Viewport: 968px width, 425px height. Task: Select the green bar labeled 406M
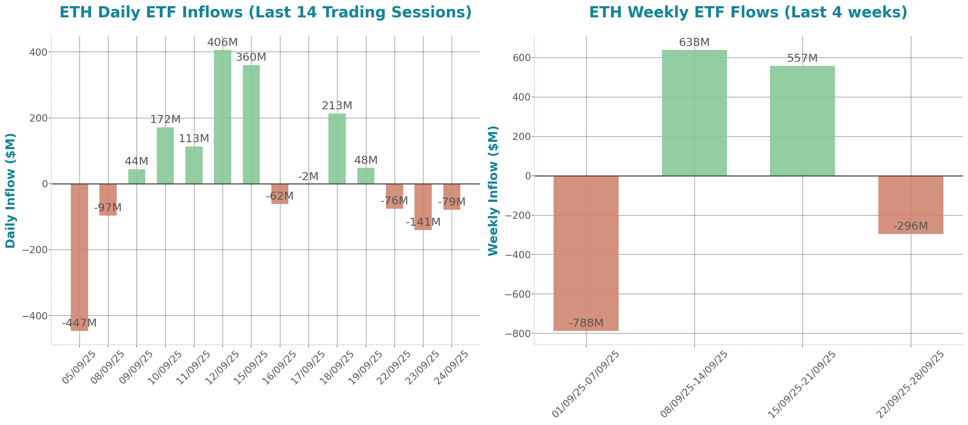(223, 116)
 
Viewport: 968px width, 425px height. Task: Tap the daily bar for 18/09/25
(337, 149)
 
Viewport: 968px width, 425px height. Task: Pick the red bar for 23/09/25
(423, 207)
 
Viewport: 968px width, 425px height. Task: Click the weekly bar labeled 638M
(694, 113)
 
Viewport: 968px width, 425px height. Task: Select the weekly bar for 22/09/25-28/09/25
(911, 205)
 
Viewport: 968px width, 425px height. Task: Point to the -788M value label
(586, 323)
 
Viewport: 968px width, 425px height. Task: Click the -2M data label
(308, 176)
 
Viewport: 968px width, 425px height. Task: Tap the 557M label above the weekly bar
(802, 58)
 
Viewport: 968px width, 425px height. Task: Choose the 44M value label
(137, 161)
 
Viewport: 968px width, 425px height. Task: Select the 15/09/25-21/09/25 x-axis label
(802, 384)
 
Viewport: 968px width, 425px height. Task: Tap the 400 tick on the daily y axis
(38, 52)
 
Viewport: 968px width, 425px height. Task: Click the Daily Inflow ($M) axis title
(10, 190)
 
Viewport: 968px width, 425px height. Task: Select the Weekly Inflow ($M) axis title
(493, 190)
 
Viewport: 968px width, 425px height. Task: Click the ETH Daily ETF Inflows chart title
(265, 12)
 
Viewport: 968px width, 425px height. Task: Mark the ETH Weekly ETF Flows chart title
(748, 12)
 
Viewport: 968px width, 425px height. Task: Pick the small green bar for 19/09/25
(366, 176)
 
